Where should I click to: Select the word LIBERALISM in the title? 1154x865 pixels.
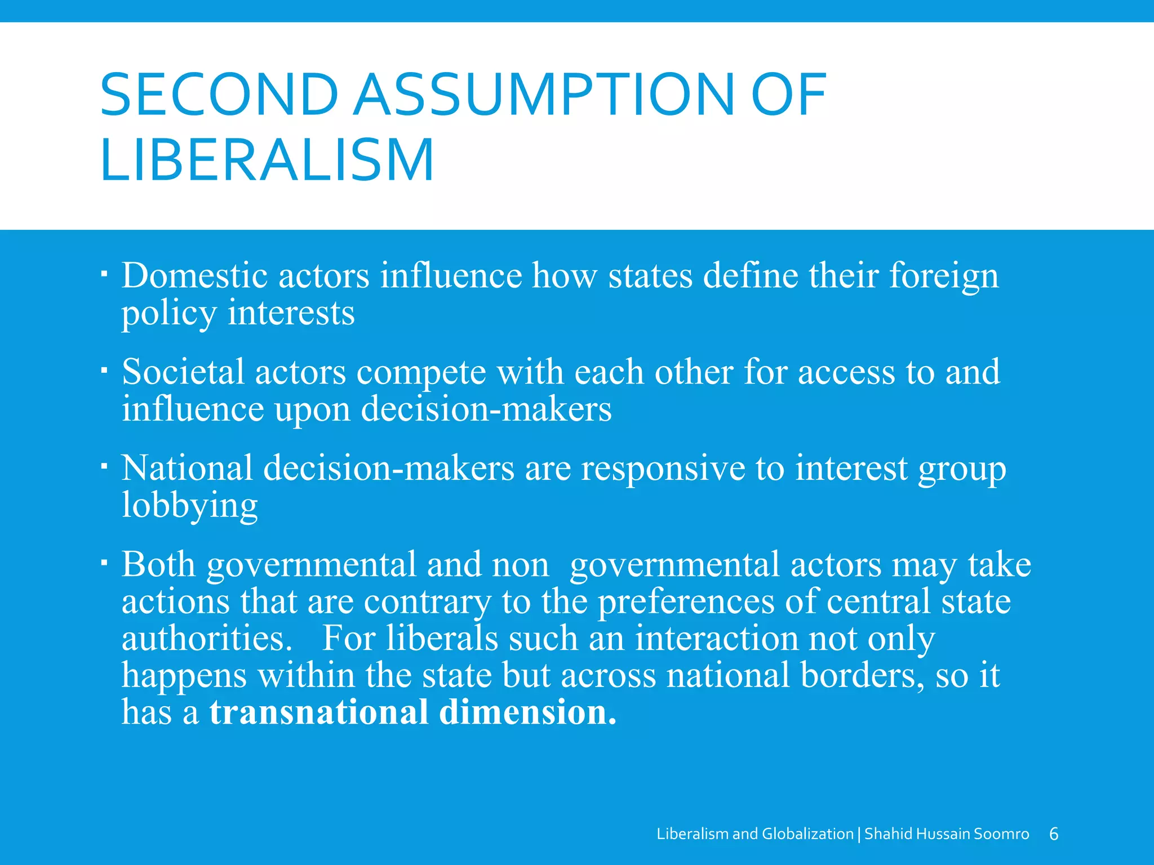(x=267, y=160)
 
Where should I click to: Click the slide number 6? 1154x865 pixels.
(x=1054, y=834)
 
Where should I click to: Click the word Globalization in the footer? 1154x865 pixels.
(x=807, y=834)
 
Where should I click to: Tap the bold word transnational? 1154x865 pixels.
(x=318, y=712)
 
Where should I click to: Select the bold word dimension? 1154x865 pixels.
(x=527, y=712)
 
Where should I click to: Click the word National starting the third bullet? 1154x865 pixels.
(x=187, y=468)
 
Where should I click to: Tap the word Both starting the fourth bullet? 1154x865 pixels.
(x=158, y=564)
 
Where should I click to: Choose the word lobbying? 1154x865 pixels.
(x=190, y=506)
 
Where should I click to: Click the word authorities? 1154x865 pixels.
(x=207, y=639)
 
